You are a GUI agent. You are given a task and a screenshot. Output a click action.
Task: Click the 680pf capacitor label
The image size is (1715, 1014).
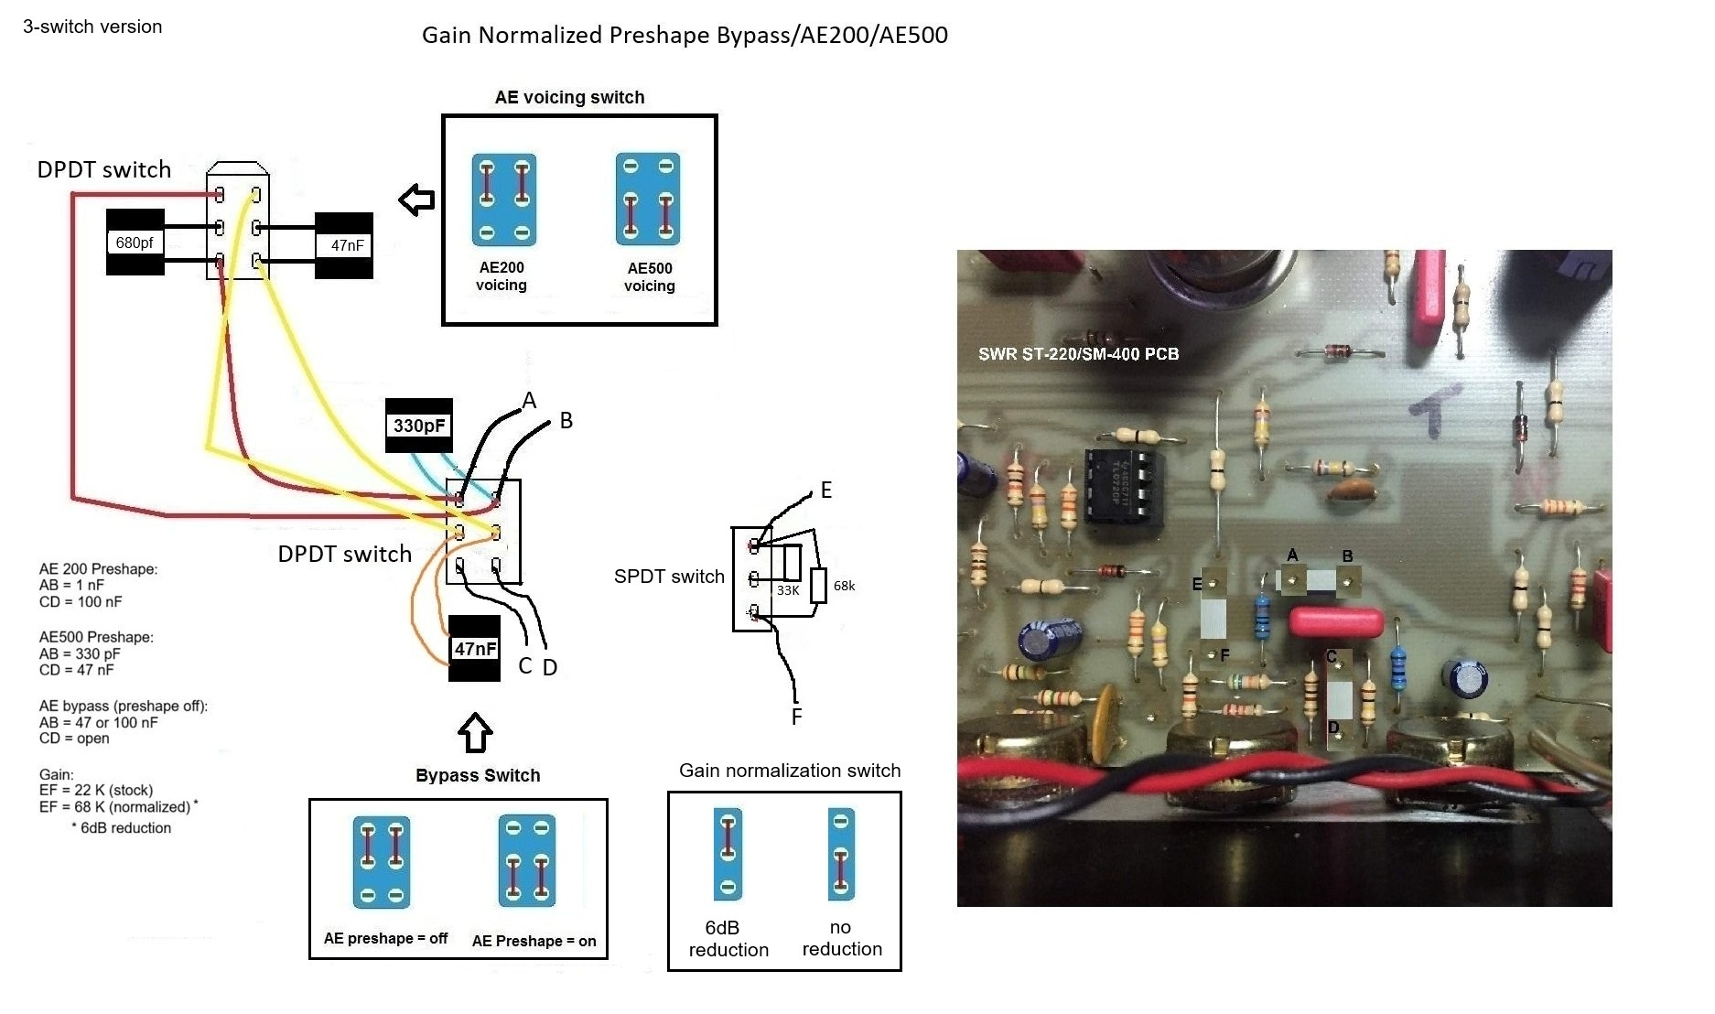click(x=135, y=243)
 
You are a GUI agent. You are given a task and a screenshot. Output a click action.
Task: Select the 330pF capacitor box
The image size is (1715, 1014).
click(x=419, y=426)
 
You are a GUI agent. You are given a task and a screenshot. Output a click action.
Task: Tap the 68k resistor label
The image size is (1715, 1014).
click(x=844, y=586)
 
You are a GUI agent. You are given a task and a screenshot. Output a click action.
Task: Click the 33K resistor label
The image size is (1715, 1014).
click(x=788, y=590)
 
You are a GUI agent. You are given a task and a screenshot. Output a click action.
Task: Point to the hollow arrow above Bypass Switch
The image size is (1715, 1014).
click(x=475, y=733)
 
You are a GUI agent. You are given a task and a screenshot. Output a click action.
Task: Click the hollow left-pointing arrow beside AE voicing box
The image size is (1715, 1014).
click(x=417, y=200)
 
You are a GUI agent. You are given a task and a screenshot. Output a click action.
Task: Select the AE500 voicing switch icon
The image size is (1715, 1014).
click(x=648, y=200)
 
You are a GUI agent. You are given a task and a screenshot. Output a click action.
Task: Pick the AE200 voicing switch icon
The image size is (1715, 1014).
click(x=503, y=200)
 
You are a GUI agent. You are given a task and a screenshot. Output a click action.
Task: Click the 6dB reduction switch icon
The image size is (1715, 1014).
click(x=728, y=854)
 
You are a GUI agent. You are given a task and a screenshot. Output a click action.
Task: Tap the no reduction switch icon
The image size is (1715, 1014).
click(x=841, y=854)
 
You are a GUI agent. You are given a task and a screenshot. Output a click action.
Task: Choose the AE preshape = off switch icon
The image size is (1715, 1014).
click(x=382, y=862)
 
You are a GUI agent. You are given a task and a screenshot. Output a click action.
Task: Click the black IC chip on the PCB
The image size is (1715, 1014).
click(x=1124, y=489)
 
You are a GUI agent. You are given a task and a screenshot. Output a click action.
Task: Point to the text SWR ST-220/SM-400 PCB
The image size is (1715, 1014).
click(x=1078, y=354)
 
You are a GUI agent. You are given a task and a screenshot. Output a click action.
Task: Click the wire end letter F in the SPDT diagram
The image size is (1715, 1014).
click(x=796, y=717)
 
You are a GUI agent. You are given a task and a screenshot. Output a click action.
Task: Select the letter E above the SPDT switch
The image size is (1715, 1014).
click(x=826, y=491)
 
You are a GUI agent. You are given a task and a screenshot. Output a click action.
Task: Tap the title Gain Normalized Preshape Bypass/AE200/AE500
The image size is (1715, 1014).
click(x=685, y=35)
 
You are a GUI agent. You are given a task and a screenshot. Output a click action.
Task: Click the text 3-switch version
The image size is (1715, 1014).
click(x=92, y=27)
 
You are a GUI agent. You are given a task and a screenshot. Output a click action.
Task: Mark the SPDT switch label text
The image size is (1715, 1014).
click(x=669, y=577)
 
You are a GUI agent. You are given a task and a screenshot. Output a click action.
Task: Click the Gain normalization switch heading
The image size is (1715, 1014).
click(x=790, y=771)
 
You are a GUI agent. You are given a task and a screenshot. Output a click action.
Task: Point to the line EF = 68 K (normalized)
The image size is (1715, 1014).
click(x=115, y=806)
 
